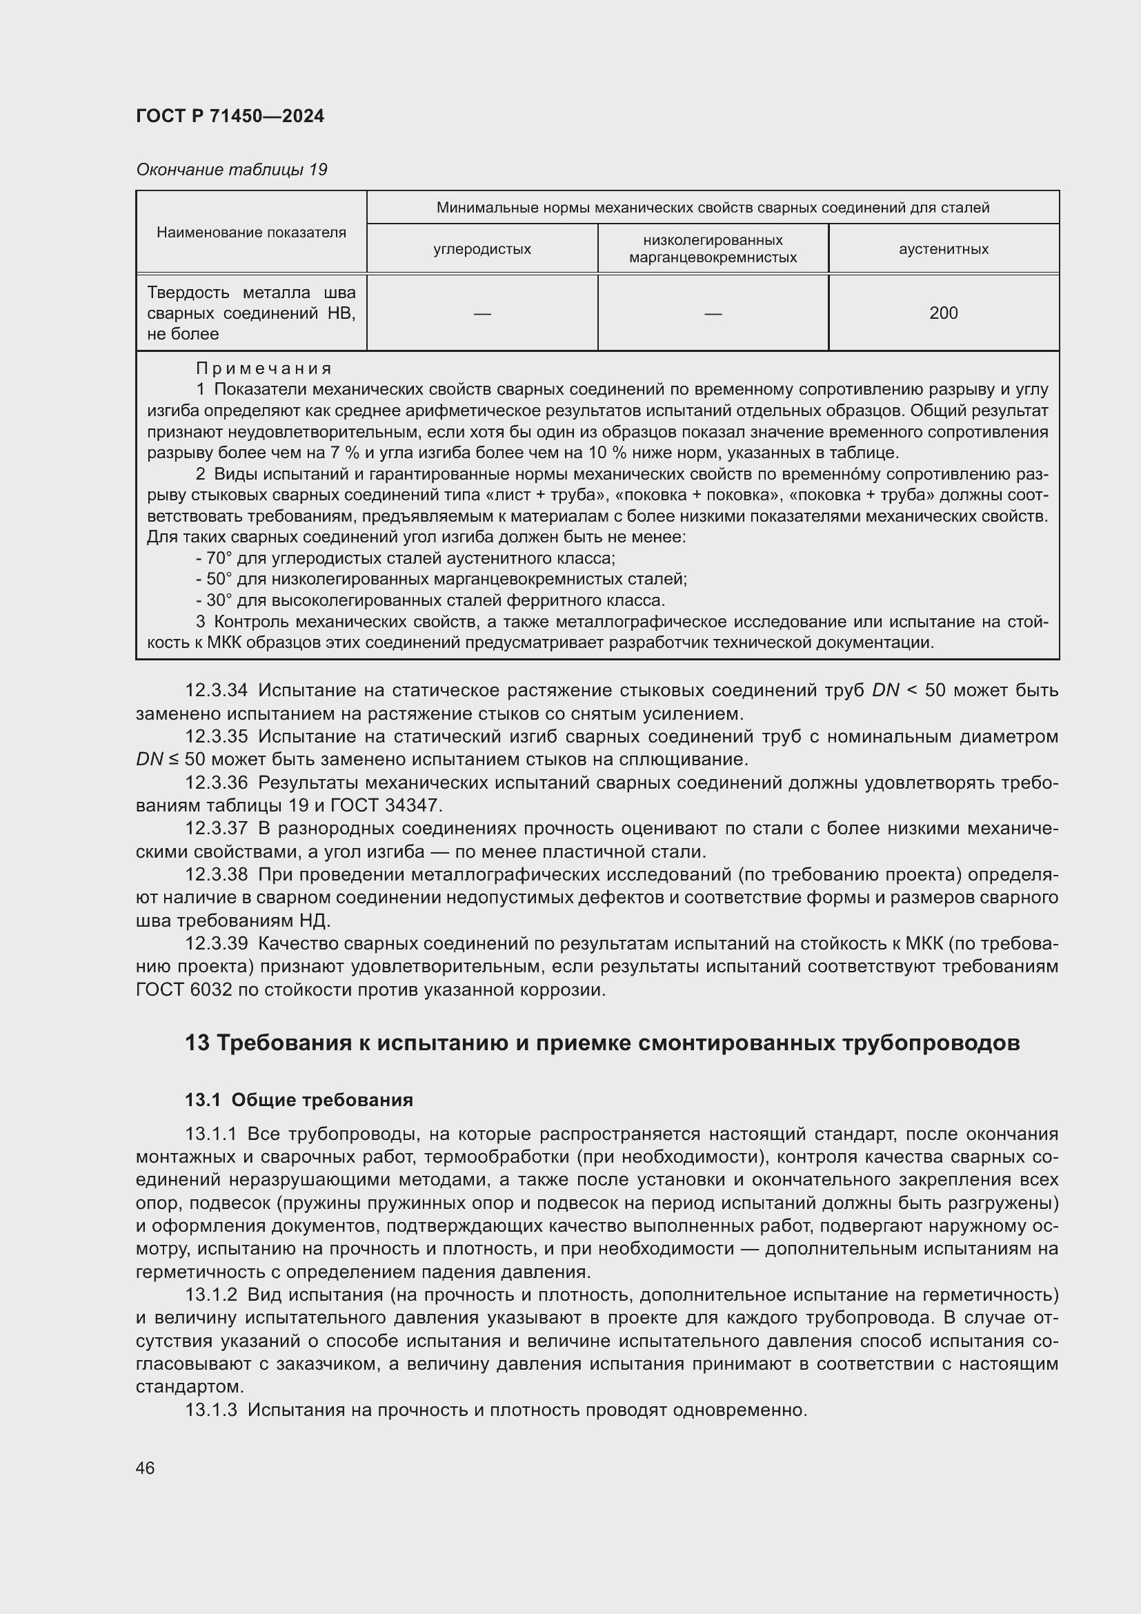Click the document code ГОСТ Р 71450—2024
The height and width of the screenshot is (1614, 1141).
pos(230,116)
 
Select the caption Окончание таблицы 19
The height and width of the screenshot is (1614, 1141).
pos(231,170)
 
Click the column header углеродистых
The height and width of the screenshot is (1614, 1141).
pos(482,249)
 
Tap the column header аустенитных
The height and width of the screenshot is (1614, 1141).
pos(943,249)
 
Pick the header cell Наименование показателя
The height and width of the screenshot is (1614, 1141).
pos(251,232)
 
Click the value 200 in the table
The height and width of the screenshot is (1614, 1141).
pos(943,313)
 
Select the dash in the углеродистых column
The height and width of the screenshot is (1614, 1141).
pos(482,313)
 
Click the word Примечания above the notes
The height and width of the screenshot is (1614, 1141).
pos(264,368)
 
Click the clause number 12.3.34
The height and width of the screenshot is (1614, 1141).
pos(217,690)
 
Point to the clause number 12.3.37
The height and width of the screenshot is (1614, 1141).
pos(217,829)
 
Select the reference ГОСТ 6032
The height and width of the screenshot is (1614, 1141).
pos(176,990)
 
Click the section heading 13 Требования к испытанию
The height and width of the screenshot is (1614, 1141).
pos(602,1043)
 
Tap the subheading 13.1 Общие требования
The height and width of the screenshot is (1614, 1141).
pos(299,1100)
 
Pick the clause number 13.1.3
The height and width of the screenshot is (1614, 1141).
pos(212,1410)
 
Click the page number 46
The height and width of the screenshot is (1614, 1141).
pos(145,1468)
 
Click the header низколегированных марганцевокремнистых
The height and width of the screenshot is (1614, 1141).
pos(713,249)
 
